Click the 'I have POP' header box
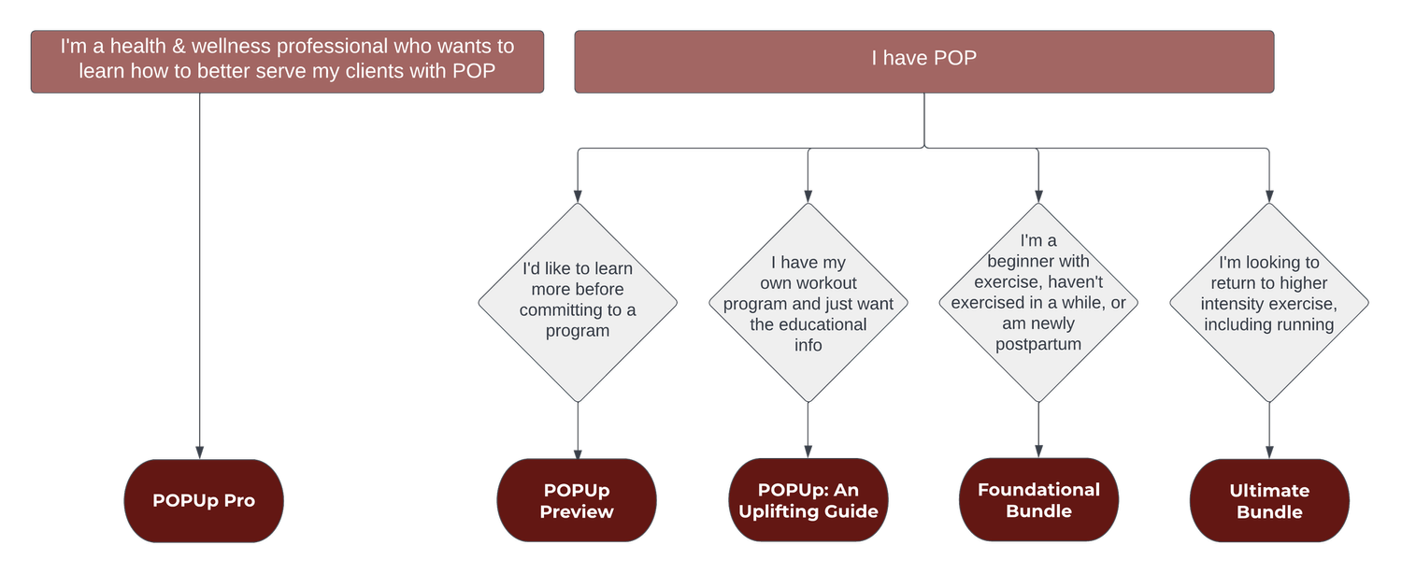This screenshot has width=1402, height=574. pos(923,62)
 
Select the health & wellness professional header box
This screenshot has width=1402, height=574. pos(287,61)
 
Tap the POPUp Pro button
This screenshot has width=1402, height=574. pos(204,501)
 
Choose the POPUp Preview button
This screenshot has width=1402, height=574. pos(577,501)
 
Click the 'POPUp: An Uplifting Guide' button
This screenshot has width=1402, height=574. pos(808,501)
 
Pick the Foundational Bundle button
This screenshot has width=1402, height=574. pos(1038,500)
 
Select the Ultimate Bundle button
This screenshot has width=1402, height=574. pos(1269,501)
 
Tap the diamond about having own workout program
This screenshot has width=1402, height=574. pos(808,303)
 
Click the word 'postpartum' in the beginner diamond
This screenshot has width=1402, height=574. pos(1038,344)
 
